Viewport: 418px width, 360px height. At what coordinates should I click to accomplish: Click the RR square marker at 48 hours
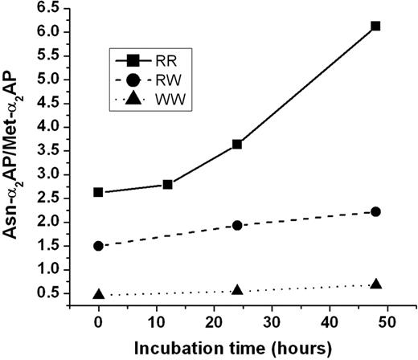tap(375, 26)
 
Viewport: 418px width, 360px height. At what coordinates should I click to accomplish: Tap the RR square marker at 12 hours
tap(167, 184)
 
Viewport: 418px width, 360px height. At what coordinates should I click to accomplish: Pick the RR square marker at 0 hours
tap(98, 192)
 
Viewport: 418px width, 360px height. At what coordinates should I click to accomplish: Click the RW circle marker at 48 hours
tap(375, 211)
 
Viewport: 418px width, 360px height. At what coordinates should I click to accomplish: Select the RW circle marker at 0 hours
tap(98, 246)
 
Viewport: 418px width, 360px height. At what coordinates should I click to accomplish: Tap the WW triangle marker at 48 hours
tap(375, 284)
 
